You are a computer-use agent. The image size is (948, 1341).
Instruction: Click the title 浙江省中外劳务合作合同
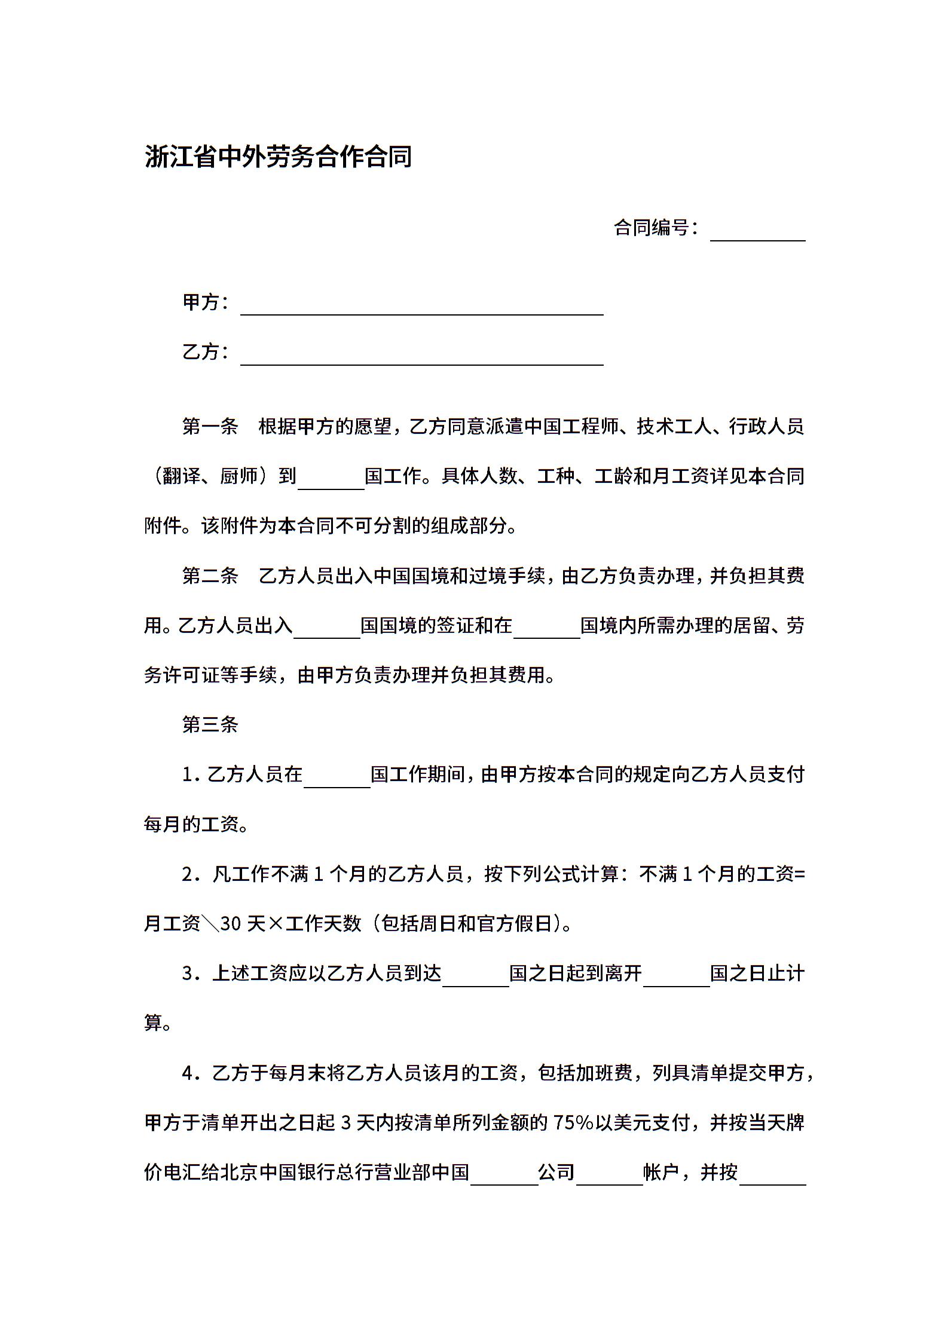279,157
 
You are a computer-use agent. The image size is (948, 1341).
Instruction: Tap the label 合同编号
655,228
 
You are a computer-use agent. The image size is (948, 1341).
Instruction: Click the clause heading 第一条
210,427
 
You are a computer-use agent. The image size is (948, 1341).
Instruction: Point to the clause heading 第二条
210,575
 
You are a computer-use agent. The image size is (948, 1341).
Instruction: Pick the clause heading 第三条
210,725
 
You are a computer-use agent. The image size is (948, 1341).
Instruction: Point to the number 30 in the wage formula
231,924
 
